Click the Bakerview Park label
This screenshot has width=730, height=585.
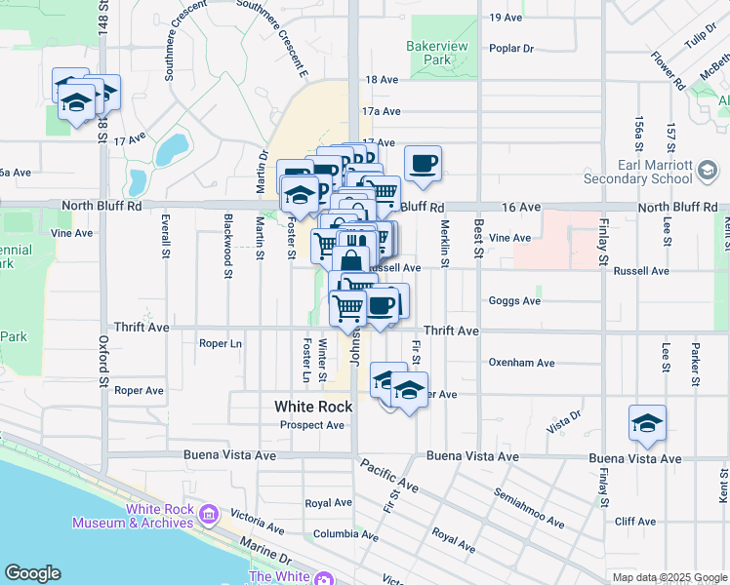pyautogui.click(x=436, y=53)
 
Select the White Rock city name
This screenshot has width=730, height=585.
pyautogui.click(x=313, y=407)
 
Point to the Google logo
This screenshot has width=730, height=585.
pyautogui.click(x=32, y=573)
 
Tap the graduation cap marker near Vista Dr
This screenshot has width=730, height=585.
pyautogui.click(x=647, y=424)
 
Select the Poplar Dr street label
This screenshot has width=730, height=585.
pyautogui.click(x=512, y=48)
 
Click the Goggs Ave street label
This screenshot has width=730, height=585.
pyautogui.click(x=514, y=301)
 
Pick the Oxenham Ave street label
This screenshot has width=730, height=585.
pyautogui.click(x=521, y=363)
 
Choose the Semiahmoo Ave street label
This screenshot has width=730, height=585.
pyautogui.click(x=529, y=508)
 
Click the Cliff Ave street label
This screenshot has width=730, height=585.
pyautogui.click(x=635, y=522)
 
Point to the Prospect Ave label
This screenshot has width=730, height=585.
pyautogui.click(x=312, y=425)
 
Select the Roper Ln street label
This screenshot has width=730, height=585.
pyautogui.click(x=220, y=343)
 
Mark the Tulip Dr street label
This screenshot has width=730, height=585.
pyautogui.click(x=701, y=38)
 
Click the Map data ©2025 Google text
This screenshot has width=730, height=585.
pyautogui.click(x=669, y=577)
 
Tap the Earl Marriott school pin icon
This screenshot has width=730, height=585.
pyautogui.click(x=706, y=172)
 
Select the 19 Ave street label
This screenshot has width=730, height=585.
pyautogui.click(x=507, y=18)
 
